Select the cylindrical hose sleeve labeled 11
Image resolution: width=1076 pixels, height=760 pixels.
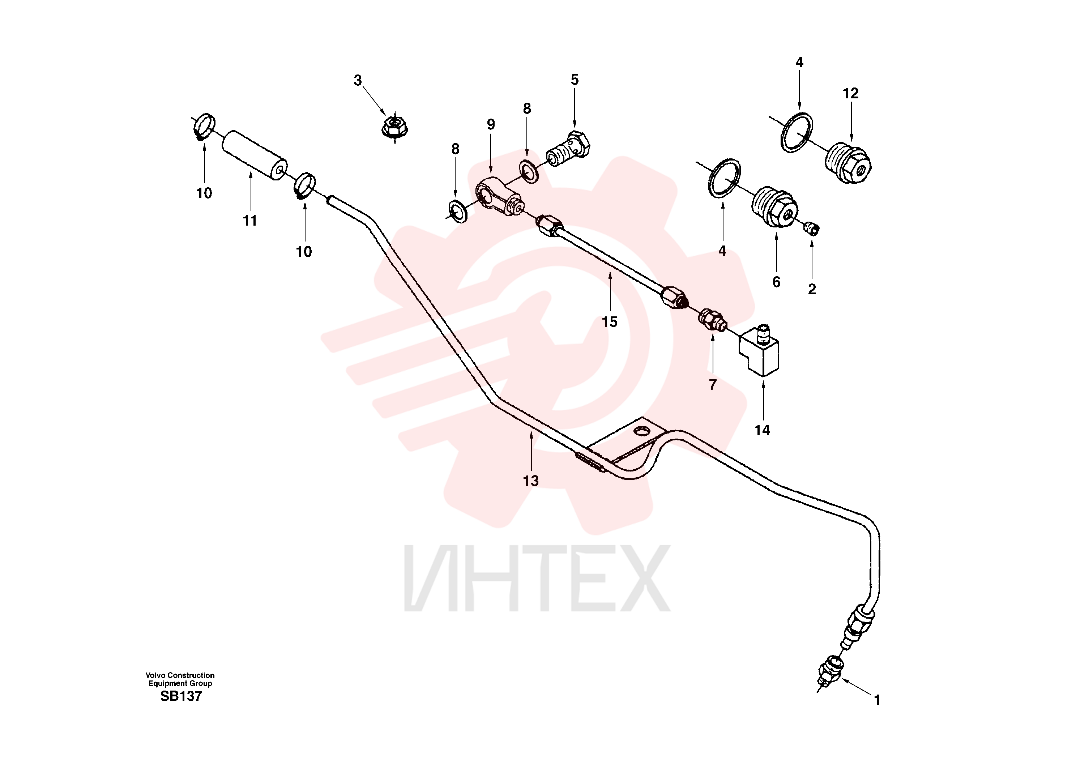pos(255,155)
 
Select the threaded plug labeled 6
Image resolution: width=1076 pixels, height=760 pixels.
pos(774,206)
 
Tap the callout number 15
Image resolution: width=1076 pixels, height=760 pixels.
pos(609,322)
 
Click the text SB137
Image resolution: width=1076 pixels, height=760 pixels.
pos(181,696)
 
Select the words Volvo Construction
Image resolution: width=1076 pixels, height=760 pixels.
pos(180,675)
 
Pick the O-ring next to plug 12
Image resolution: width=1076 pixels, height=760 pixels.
pos(797,133)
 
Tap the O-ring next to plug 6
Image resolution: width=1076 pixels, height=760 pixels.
pos(724,178)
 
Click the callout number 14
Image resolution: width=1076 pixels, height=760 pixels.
pos(762,430)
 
